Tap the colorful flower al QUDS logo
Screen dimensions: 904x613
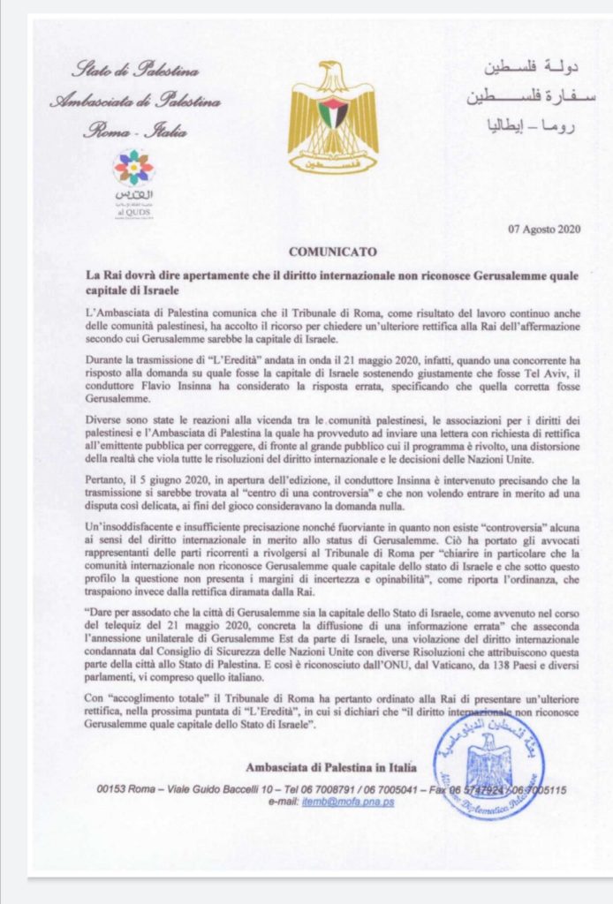tap(133, 167)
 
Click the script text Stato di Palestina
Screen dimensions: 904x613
tap(135, 71)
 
